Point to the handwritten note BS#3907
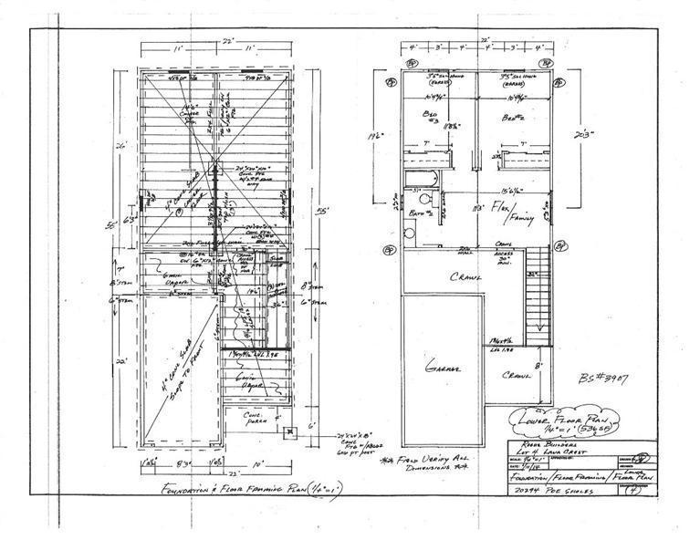pyautogui.click(x=605, y=377)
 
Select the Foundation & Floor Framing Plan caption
pyautogui.click(x=235, y=491)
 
